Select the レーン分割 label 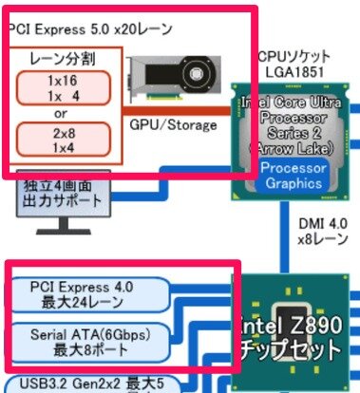(x=63, y=59)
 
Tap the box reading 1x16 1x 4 (x=63, y=87)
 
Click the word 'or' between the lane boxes (x=63, y=113)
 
